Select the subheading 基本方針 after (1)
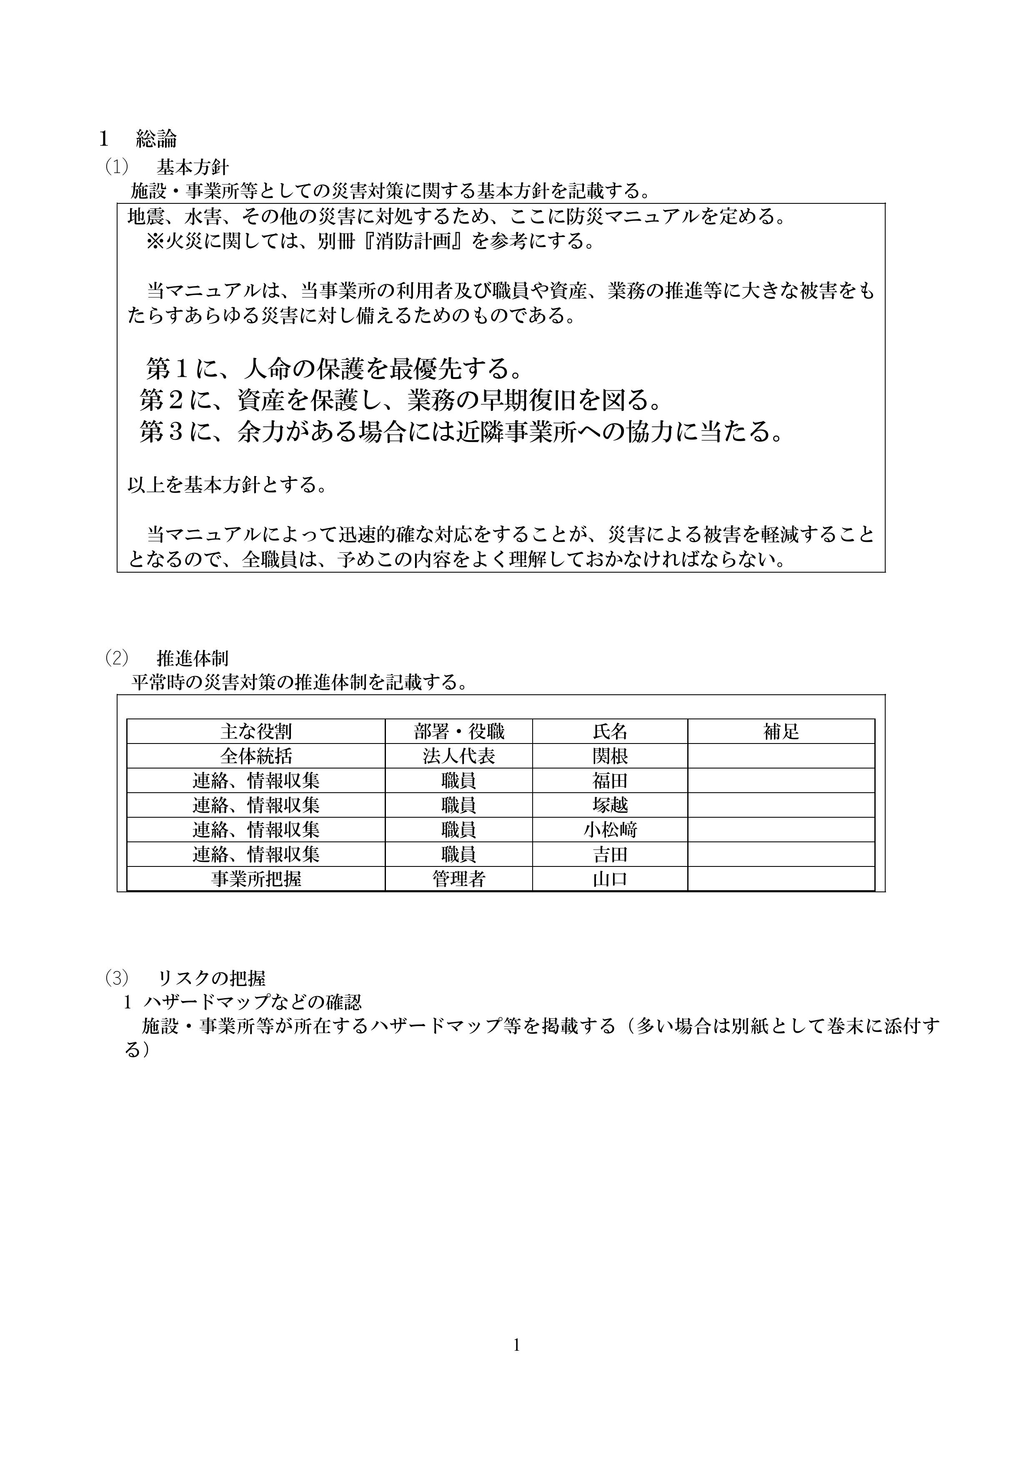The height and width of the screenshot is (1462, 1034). [x=192, y=168]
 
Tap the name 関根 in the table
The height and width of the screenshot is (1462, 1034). [x=610, y=756]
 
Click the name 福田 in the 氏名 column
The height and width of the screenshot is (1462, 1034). [x=610, y=781]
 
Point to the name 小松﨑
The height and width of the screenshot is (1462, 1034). [x=610, y=830]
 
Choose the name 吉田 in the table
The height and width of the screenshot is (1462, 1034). [x=610, y=854]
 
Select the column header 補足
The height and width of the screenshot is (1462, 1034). [x=781, y=732]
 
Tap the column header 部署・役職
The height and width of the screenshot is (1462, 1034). [x=458, y=732]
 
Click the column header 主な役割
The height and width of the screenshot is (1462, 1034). [x=256, y=732]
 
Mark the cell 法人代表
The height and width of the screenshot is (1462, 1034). [x=458, y=756]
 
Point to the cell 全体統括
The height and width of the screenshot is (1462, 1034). [x=256, y=756]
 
